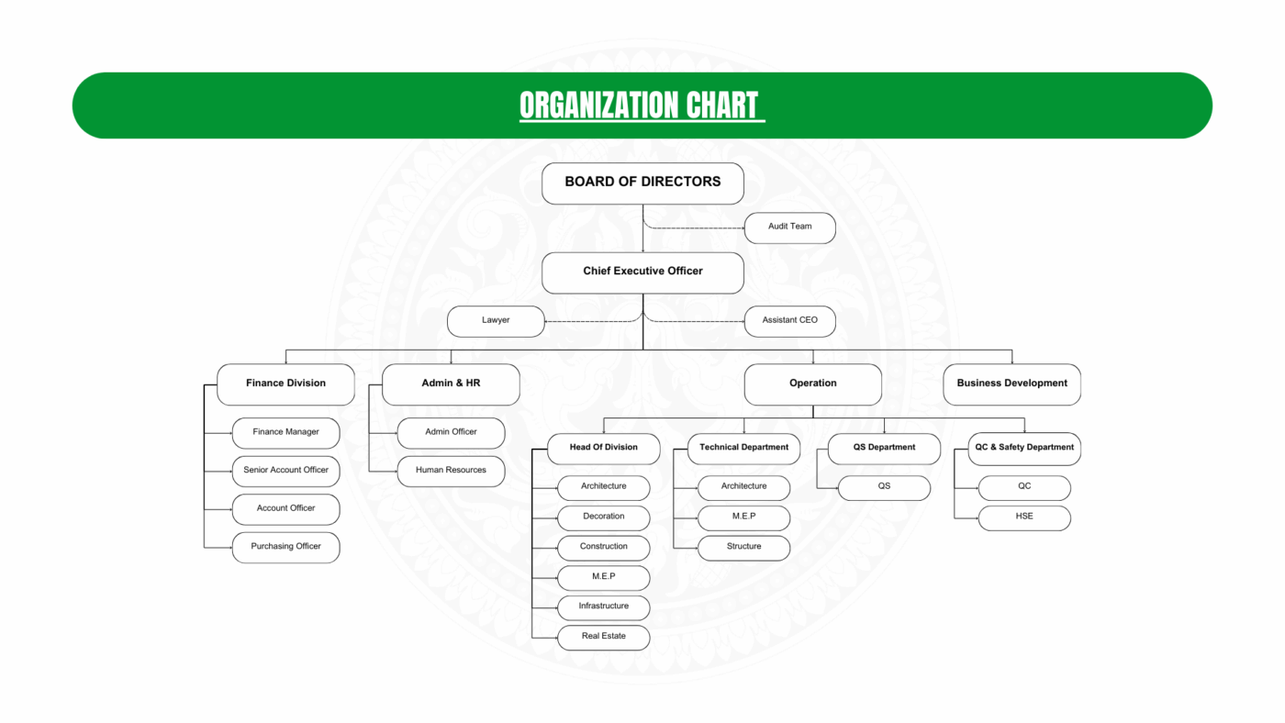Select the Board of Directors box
click(642, 183)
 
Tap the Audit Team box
click(789, 227)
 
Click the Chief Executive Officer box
click(642, 272)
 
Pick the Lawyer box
click(496, 321)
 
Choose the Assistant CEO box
click(789, 321)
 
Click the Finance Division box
click(285, 384)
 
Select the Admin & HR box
click(451, 384)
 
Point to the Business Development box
click(1011, 384)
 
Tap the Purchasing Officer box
click(285, 547)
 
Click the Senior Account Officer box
click(285, 471)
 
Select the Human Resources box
click(451, 471)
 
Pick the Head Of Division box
click(603, 448)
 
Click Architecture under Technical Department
click(743, 486)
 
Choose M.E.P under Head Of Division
click(603, 577)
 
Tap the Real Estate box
click(603, 637)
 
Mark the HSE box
click(1024, 517)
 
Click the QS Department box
click(884, 448)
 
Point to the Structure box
click(743, 547)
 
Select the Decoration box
click(603, 517)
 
